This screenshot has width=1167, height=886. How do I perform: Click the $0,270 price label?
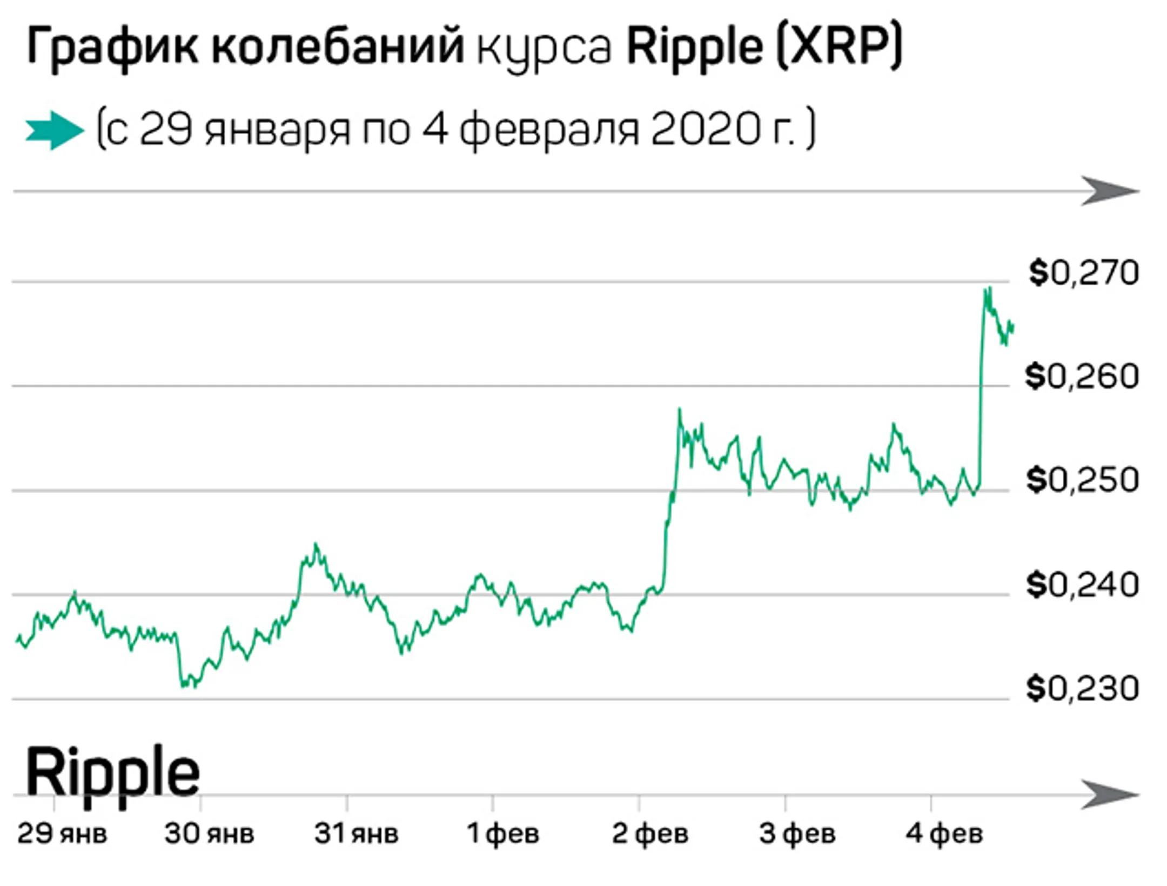pos(1083,273)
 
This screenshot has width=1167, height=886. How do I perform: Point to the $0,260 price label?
pos(1082,377)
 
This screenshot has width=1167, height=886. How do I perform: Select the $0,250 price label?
pos(1082,480)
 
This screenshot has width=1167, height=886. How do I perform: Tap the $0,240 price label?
pos(1082,585)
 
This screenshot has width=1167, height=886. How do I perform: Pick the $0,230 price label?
pos(1082,689)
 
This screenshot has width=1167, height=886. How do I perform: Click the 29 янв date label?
pos(62,834)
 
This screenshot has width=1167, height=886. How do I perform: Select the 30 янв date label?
pos(209,834)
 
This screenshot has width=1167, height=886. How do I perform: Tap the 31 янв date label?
pos(356,834)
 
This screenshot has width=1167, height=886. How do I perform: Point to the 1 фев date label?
pos(503,834)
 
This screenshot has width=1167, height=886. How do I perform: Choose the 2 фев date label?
pos(650,834)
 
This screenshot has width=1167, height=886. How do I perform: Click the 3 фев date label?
pos(797,834)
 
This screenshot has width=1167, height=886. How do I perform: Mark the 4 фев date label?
pos(944,834)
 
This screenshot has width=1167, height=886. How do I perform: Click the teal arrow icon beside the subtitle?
pos(55,130)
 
